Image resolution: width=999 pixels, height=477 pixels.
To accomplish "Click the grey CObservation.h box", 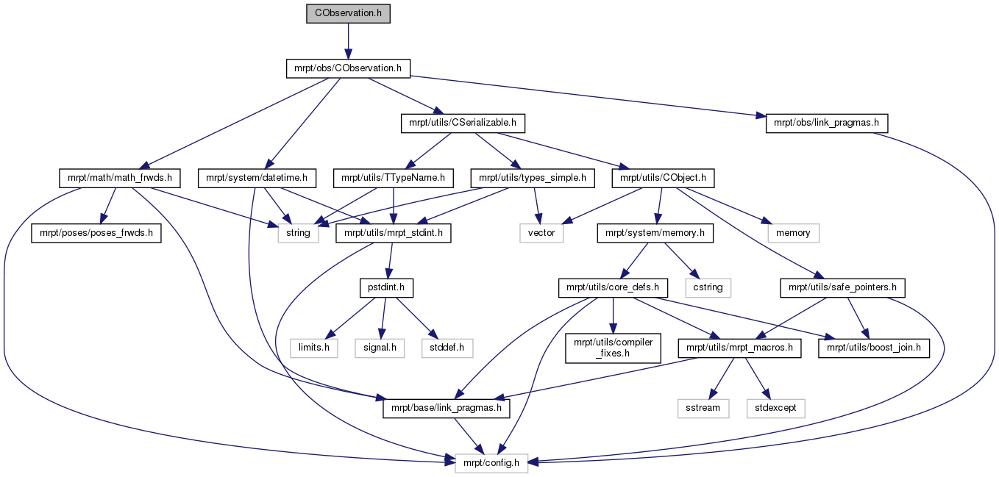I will tap(347, 13).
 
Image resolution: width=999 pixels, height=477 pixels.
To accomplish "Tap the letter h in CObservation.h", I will tap(378, 13).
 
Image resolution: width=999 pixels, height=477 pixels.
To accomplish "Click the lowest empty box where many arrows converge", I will tap(491, 463).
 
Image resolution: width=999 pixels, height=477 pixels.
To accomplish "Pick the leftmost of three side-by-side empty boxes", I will tap(313, 348).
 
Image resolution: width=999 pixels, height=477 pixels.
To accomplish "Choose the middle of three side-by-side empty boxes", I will tap(380, 348).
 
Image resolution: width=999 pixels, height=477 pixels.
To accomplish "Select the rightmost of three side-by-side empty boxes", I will tap(447, 348).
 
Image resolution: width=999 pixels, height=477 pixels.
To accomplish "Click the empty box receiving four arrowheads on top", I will tap(298, 233).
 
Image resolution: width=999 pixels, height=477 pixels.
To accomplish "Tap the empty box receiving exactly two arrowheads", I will tap(541, 233).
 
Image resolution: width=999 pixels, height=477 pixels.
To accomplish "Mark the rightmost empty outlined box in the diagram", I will tap(793, 233).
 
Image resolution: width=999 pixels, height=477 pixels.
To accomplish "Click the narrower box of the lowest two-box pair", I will tap(703, 409).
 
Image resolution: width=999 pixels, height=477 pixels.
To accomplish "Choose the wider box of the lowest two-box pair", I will tap(775, 409).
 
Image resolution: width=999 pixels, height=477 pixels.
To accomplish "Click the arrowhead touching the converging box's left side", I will tap(449, 461).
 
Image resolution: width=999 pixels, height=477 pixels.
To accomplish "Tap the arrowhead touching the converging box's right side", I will tap(533, 462).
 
